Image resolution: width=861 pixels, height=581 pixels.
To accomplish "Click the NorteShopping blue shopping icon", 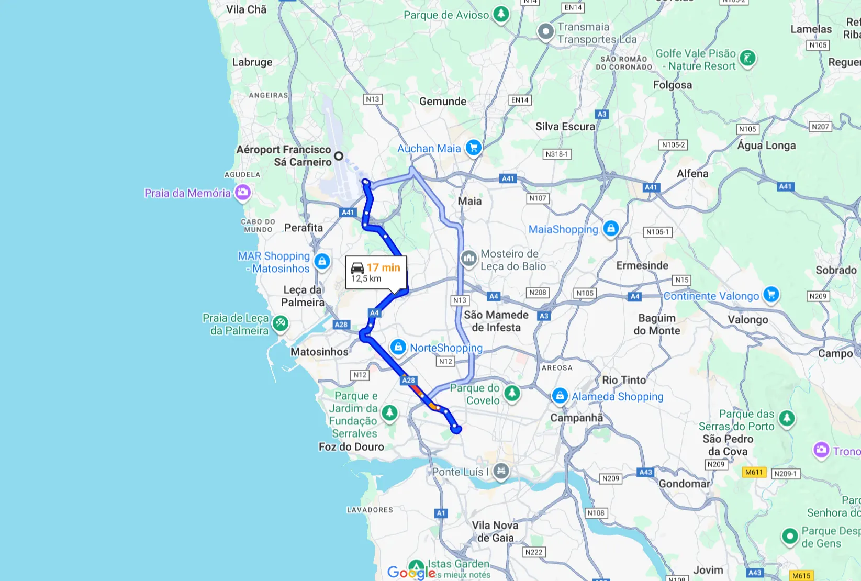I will (x=398, y=347).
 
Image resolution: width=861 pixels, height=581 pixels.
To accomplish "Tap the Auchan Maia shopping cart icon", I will (x=474, y=148).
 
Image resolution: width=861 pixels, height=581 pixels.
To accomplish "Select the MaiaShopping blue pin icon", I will (x=610, y=228).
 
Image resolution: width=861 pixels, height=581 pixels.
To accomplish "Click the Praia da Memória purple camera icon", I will (x=242, y=192).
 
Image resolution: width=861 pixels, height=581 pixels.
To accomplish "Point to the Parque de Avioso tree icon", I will (x=501, y=14).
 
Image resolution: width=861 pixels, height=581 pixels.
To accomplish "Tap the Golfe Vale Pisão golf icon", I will (x=747, y=59).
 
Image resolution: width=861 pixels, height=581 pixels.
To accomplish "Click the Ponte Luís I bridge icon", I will (x=501, y=471).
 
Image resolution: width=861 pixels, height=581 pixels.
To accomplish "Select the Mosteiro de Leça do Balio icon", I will (x=468, y=258).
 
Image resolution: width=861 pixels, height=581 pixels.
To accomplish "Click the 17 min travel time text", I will (x=383, y=267).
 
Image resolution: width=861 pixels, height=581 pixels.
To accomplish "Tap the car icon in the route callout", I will (x=357, y=267).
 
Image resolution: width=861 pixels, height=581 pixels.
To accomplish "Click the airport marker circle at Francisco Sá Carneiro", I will (x=339, y=155).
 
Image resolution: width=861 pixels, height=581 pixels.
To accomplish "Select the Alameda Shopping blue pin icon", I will (x=560, y=396).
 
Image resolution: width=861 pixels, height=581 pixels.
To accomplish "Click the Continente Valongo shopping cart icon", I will (x=770, y=295).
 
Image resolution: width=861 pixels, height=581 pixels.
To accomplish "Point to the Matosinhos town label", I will (x=319, y=352).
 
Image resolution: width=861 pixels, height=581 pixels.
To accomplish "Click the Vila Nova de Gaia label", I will (x=495, y=531).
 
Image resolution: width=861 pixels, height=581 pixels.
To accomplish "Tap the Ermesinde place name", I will (x=642, y=265).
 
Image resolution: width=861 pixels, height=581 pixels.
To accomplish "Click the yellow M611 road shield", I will (x=754, y=472).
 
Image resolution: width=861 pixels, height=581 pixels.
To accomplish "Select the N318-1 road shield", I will (x=557, y=154).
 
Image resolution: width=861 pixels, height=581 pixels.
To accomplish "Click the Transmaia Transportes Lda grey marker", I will (x=546, y=32).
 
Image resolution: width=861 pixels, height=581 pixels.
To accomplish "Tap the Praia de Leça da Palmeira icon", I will (x=281, y=323).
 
